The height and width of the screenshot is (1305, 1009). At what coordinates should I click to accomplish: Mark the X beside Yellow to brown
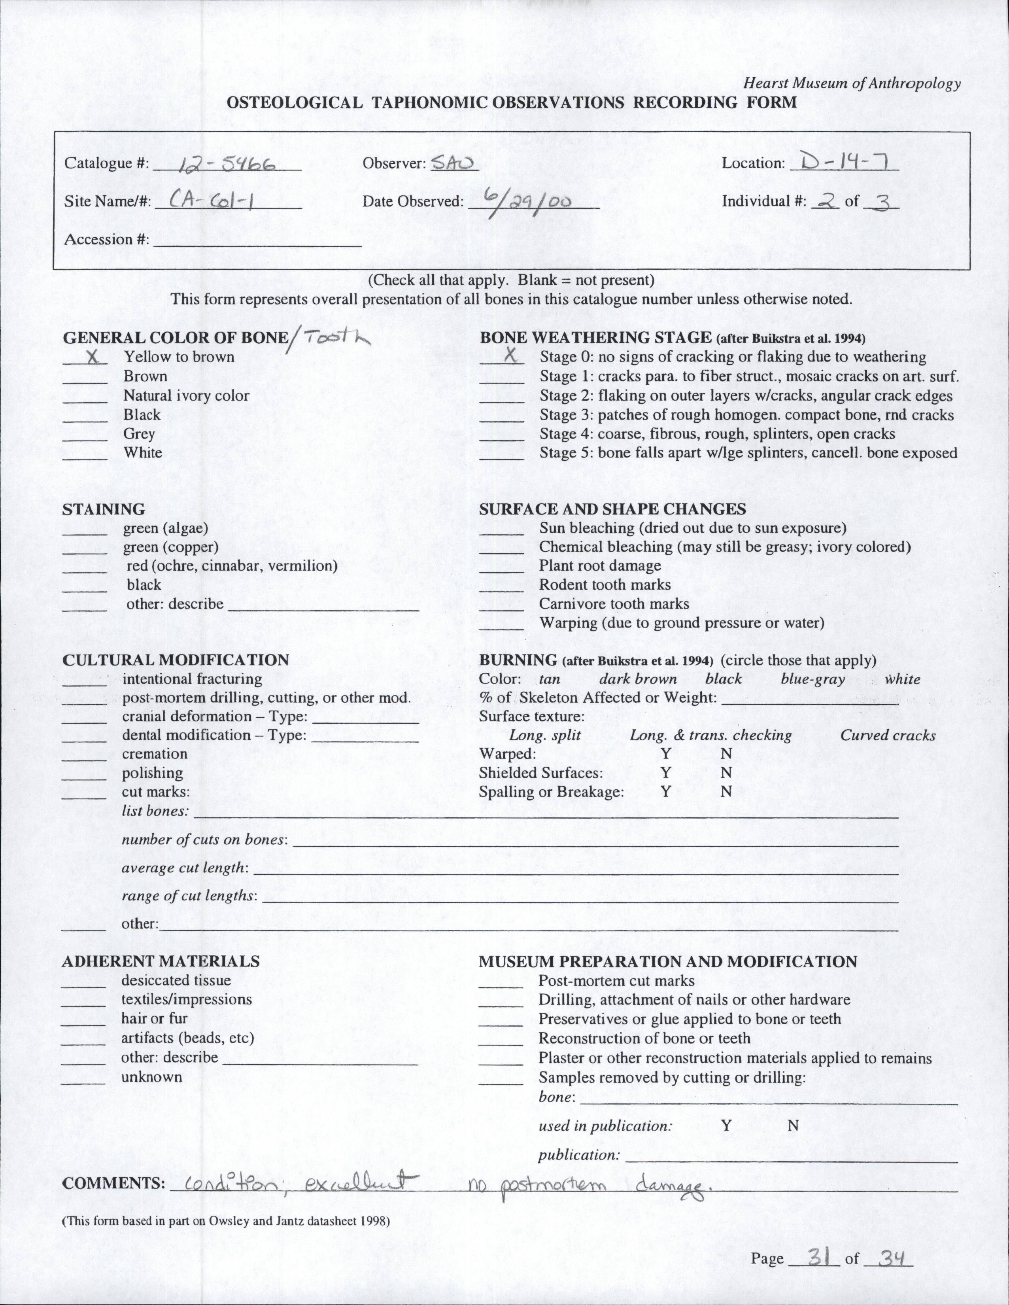click(92, 357)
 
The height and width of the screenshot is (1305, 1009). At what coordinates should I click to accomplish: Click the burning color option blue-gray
click(812, 679)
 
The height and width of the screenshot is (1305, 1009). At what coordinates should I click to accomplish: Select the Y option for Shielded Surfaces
click(665, 773)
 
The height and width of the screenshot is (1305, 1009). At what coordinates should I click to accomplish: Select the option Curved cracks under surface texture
click(888, 736)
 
